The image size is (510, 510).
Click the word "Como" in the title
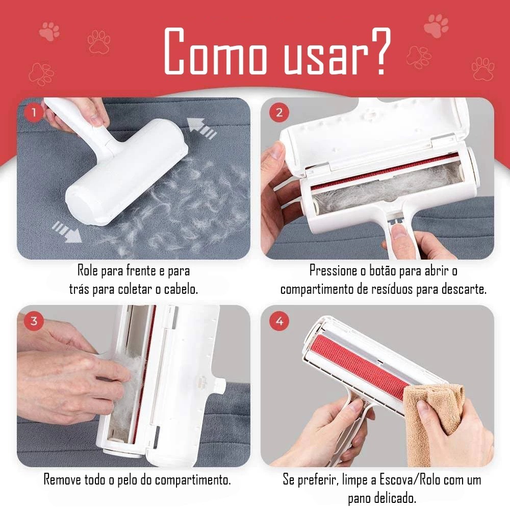click(215, 51)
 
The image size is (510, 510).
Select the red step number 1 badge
click(33, 113)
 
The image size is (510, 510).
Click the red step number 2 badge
click(279, 113)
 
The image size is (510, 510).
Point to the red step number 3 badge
click(34, 321)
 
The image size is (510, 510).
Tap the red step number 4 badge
click(279, 321)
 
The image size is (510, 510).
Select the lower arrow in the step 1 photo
click(67, 232)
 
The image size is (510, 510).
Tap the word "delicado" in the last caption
click(395, 498)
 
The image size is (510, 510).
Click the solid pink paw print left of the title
click(49, 31)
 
